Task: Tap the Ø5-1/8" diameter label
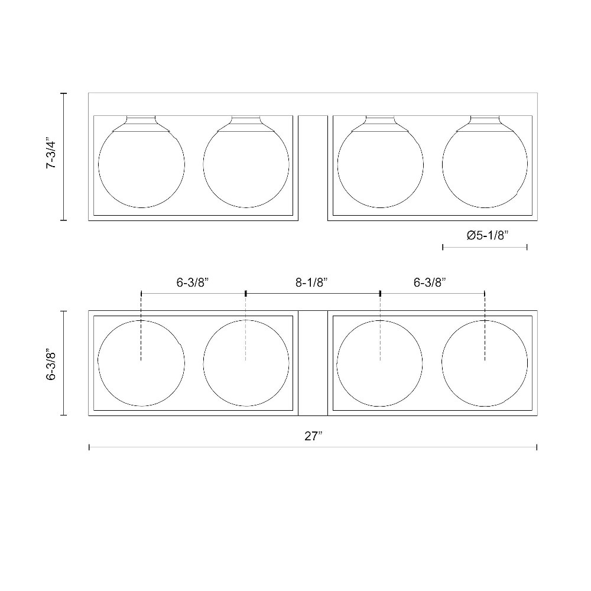coord(488,236)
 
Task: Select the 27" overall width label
coord(314,436)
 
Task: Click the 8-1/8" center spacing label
coord(312,282)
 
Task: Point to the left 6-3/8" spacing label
coord(193,282)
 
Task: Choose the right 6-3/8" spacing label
coord(430,282)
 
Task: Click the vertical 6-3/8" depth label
coord(51,366)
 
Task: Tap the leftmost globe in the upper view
coord(99,165)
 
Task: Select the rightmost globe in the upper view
coord(443,165)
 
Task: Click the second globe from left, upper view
coord(203,165)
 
